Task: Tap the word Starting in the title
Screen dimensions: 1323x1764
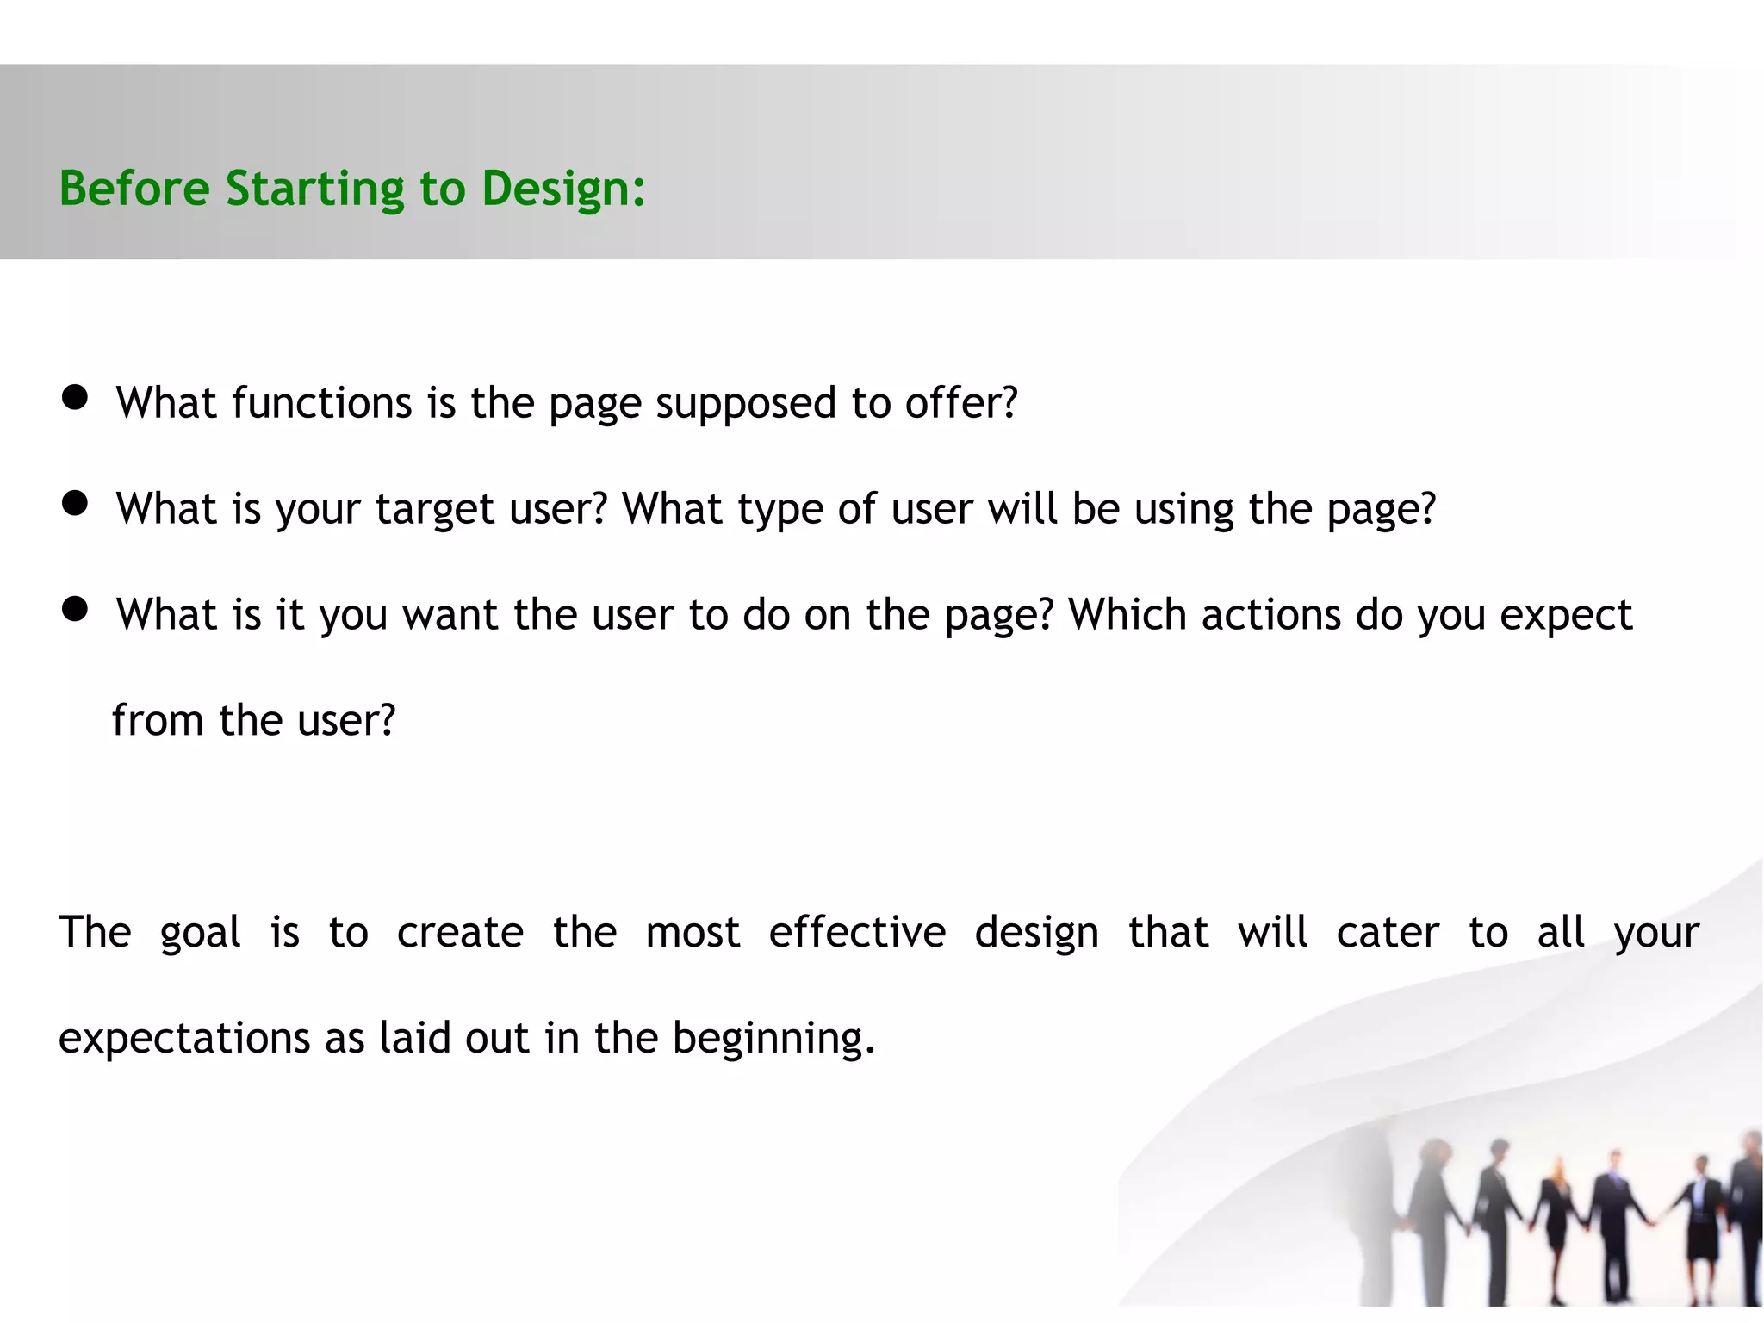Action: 314,189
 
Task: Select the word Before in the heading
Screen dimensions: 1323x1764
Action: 134,189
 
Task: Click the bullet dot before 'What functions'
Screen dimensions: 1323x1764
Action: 75,397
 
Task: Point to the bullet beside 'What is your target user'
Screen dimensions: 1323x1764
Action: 75,503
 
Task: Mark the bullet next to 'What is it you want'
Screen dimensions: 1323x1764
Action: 75,609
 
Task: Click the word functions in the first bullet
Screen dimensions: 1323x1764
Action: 322,403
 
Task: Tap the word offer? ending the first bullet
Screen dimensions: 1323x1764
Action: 961,403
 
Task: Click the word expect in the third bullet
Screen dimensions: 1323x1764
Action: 1566,615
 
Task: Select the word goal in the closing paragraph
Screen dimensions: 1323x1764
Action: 200,933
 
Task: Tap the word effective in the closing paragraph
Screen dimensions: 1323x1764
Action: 857,933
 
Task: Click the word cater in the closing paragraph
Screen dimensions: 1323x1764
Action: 1388,933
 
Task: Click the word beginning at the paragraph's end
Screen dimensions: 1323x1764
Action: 773,1038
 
